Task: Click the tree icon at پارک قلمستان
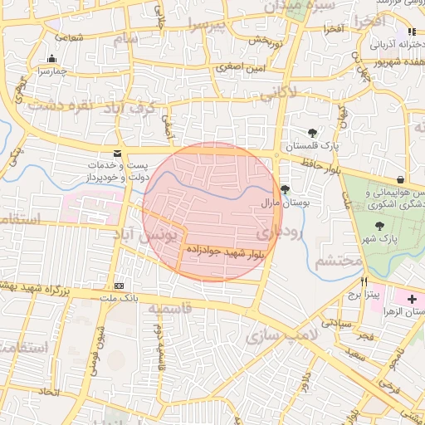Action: (312, 133)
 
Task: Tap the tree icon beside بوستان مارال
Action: (286, 189)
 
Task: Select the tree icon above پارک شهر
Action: (380, 226)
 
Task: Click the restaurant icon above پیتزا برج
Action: (364, 282)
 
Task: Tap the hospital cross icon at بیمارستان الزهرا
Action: (413, 297)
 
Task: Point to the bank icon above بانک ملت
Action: (119, 285)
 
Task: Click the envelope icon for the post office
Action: (116, 153)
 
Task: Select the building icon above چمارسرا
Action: (52, 59)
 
